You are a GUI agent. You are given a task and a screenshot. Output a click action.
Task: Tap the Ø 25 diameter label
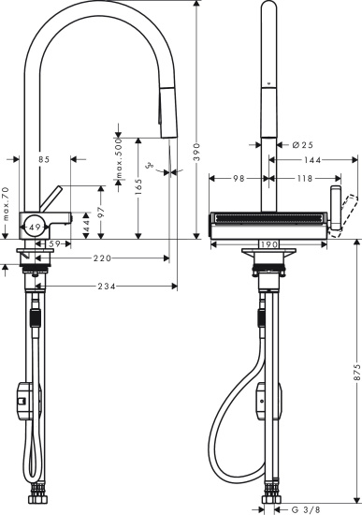click(301, 144)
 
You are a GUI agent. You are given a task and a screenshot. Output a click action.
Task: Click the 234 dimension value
click(105, 286)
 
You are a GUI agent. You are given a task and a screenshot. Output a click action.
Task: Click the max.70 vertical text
click(6, 206)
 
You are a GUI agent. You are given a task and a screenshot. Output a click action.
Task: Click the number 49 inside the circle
click(34, 227)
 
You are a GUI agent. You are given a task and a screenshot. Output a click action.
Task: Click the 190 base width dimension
click(268, 243)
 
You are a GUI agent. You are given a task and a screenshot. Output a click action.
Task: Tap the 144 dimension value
click(312, 160)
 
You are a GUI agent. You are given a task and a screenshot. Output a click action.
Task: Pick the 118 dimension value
click(305, 178)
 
